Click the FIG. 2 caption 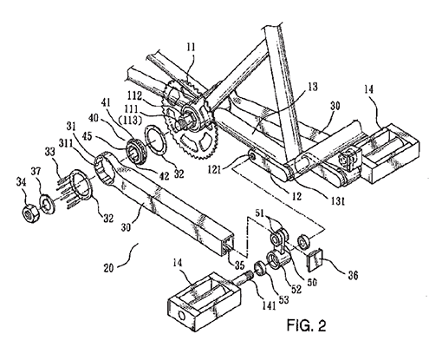click(306, 325)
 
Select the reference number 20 click(109, 268)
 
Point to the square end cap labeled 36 click(314, 259)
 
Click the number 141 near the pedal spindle click(269, 305)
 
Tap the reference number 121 click(214, 169)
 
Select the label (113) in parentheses click(131, 120)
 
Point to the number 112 click(134, 95)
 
